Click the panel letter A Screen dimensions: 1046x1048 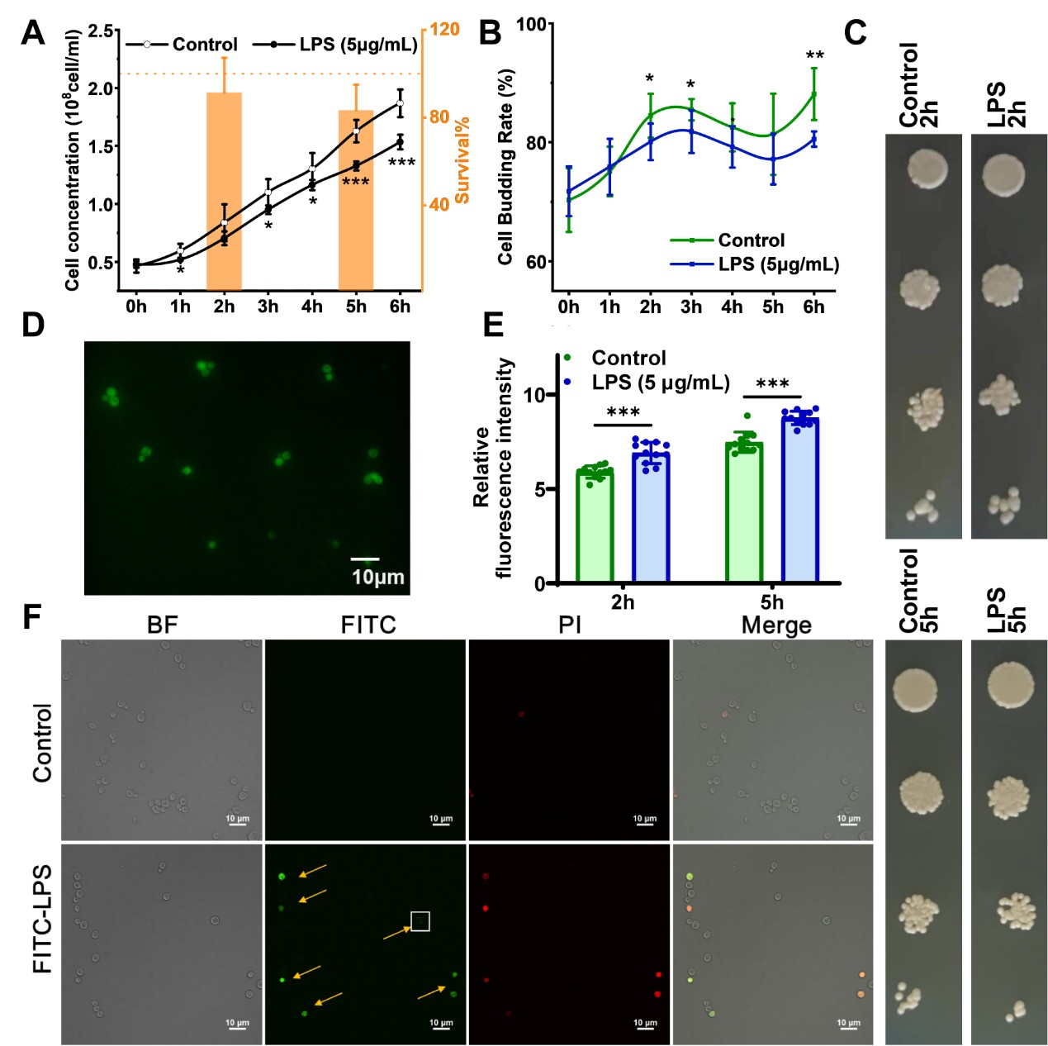coord(33,33)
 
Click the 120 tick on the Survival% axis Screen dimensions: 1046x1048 coord(444,30)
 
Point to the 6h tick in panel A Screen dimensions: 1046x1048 coord(400,307)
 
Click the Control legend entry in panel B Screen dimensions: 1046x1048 coord(751,240)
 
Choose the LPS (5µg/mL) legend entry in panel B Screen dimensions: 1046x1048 coord(778,264)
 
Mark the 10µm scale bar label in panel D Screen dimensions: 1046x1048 coord(378,577)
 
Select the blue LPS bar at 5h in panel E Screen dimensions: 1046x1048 coord(799,501)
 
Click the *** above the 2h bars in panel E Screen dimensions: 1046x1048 coord(623,412)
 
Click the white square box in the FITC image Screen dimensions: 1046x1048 coord(420,920)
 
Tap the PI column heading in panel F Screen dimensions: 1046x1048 coord(570,625)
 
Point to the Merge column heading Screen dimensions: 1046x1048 coord(776,625)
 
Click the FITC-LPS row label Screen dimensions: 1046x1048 coord(42,919)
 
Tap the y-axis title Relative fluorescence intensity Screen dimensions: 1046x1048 coord(493,468)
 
